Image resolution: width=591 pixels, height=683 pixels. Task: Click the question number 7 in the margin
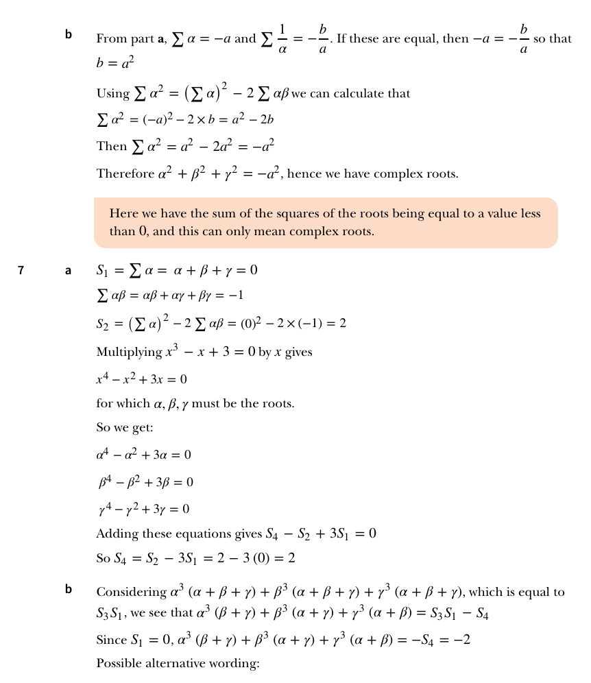pyautogui.click(x=21, y=270)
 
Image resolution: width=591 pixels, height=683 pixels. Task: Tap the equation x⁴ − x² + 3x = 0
pyautogui.click(x=142, y=378)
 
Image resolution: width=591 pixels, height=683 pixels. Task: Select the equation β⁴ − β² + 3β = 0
pyautogui.click(x=145, y=482)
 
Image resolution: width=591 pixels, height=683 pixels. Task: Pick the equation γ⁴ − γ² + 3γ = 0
pyautogui.click(x=143, y=509)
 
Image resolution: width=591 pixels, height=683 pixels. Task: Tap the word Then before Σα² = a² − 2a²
pyautogui.click(x=111, y=147)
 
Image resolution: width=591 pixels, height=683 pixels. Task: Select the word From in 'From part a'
pyautogui.click(x=111, y=39)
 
